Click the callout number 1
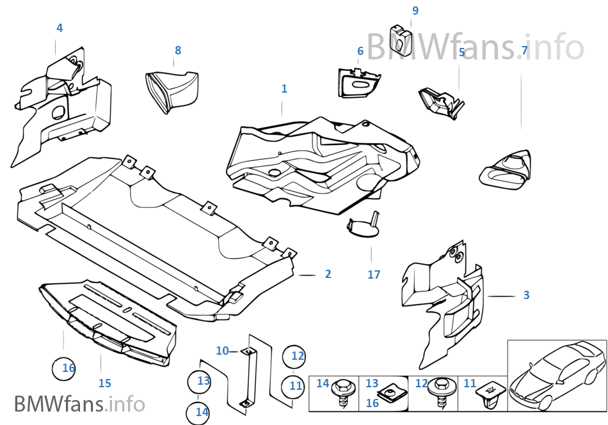284,89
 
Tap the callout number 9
415,10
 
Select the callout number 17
374,274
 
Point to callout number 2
328,274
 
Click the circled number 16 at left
64,368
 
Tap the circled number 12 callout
294,357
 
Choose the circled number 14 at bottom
198,413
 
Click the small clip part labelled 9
401,40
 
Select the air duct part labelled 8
172,91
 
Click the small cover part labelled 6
358,82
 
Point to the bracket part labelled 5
441,102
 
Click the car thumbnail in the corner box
557,375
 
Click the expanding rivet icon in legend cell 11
492,395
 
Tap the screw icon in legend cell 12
440,392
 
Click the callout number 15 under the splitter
105,383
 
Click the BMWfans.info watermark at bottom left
79,404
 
